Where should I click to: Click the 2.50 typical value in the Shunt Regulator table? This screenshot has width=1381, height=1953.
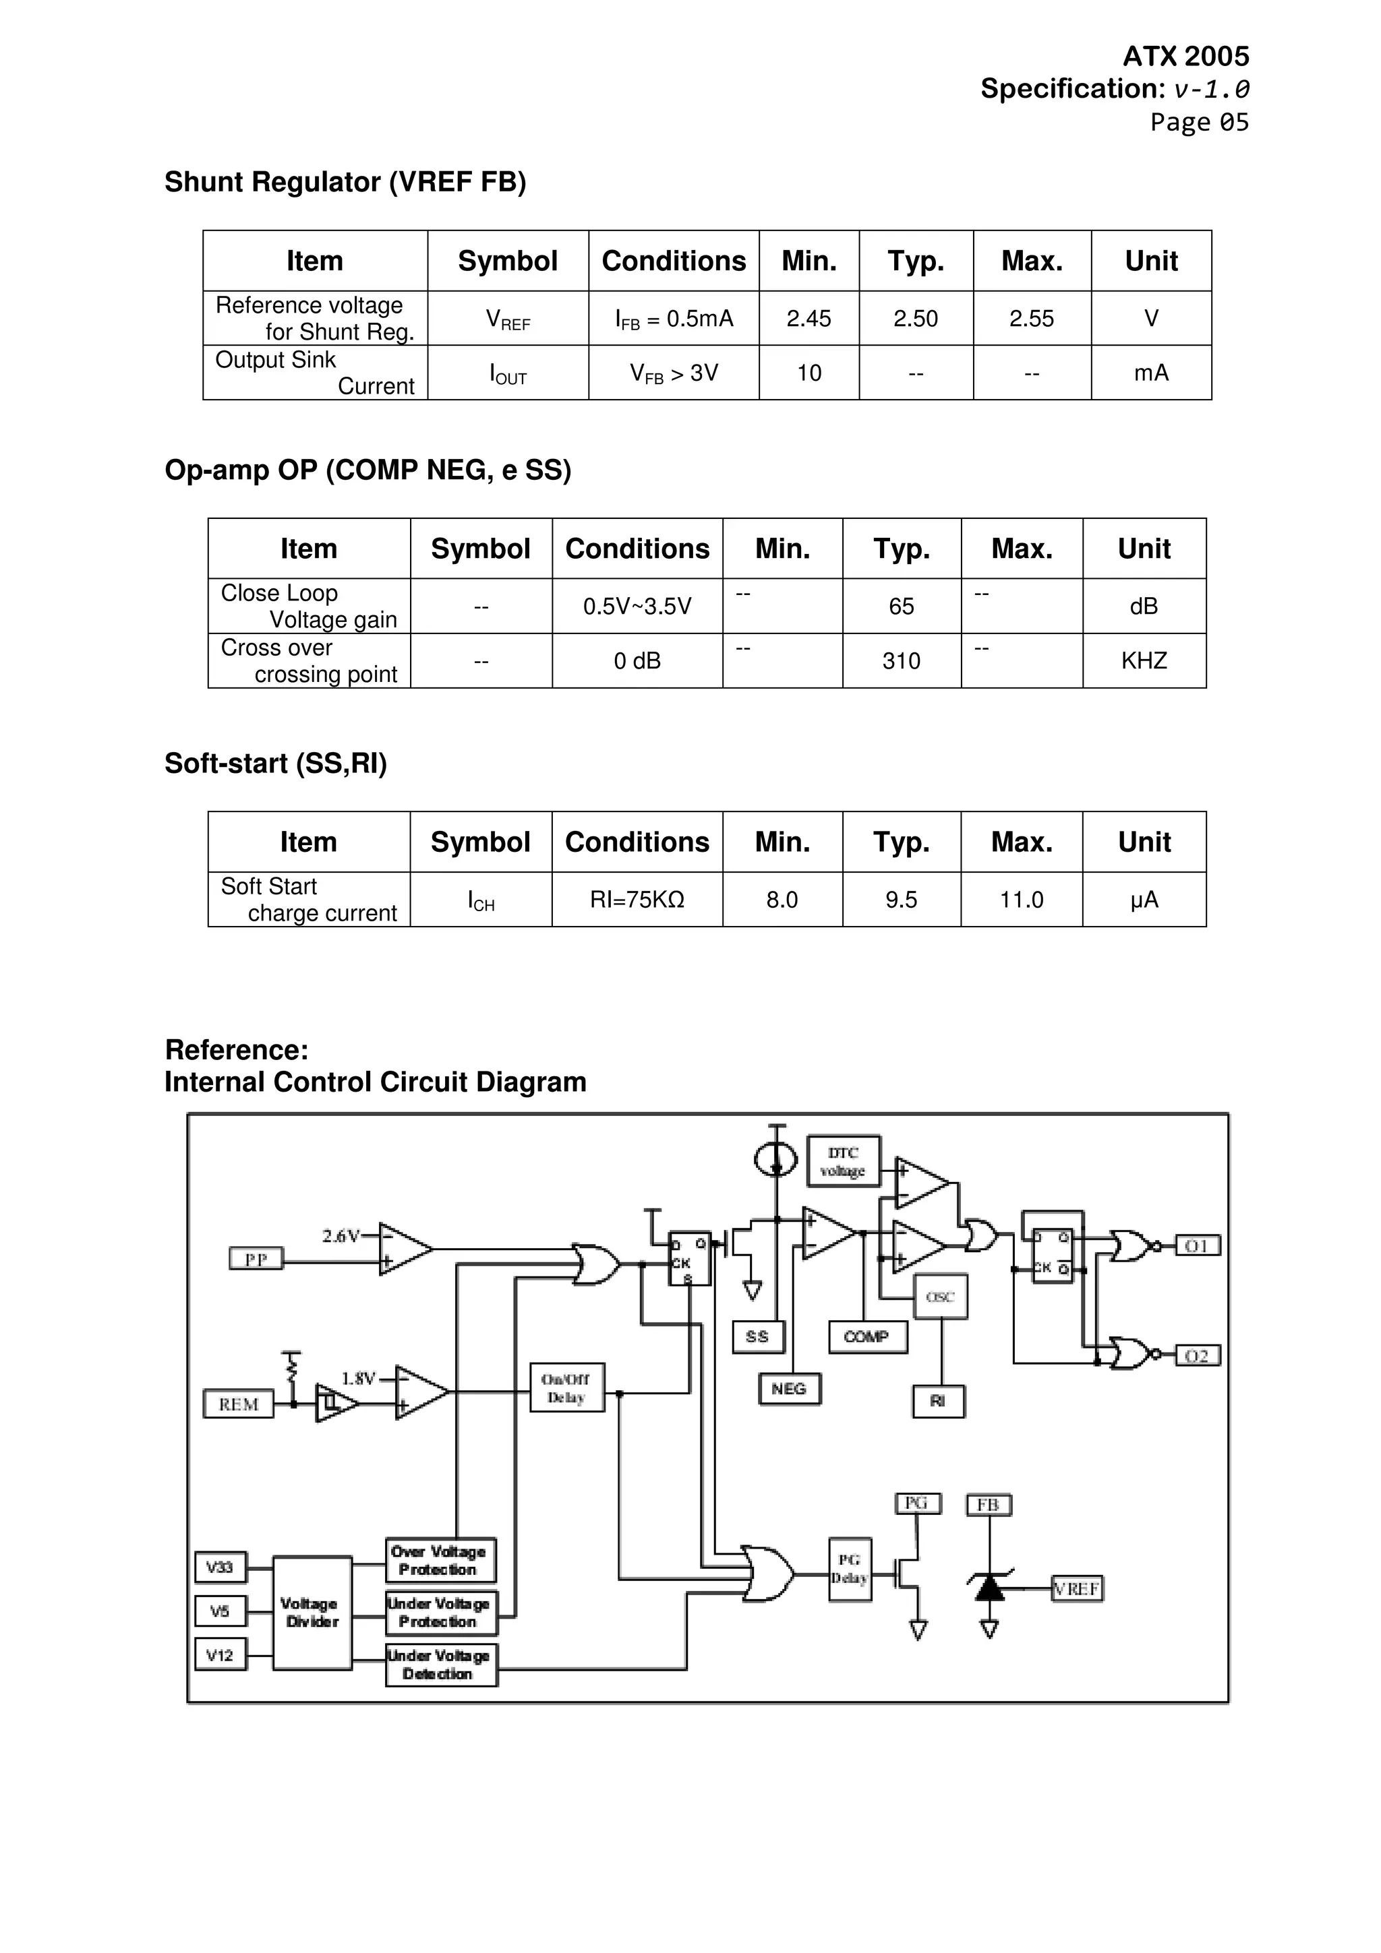915,319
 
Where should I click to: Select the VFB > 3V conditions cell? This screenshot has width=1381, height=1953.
673,373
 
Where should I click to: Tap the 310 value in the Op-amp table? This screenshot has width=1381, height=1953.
901,661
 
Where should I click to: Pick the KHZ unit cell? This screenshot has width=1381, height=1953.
1143,661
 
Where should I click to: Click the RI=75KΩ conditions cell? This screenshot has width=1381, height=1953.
637,900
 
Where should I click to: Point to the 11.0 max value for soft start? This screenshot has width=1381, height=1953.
1021,900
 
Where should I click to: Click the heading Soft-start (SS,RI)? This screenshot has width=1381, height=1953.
275,763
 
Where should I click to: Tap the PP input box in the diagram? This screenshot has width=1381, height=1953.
256,1258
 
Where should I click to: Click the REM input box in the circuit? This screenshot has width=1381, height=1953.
238,1404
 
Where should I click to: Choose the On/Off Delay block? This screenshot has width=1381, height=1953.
566,1388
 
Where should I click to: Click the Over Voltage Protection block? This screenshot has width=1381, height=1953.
440,1560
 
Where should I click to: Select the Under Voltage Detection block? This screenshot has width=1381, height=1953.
440,1665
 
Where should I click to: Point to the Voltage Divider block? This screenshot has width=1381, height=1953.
312,1613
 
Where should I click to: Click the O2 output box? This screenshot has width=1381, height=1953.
1196,1356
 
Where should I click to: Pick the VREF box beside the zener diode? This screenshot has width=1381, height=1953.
1078,1589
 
